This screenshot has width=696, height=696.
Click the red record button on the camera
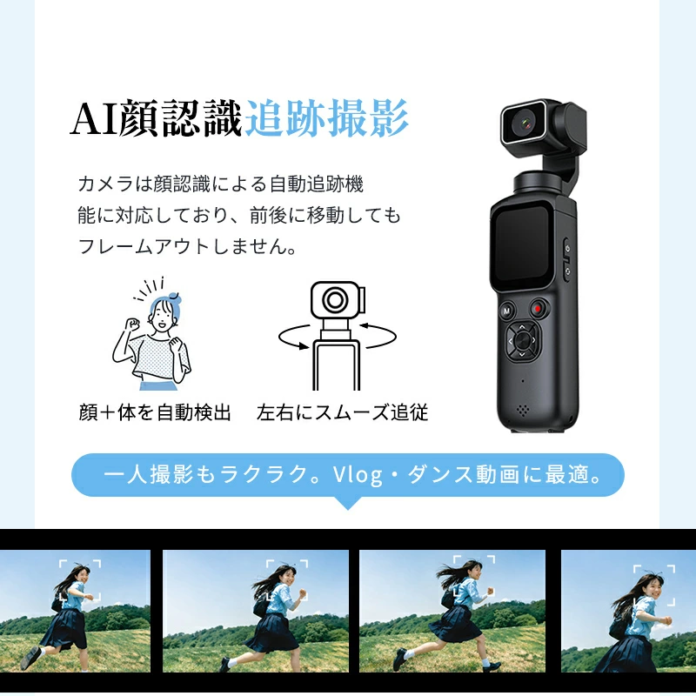pos(538,308)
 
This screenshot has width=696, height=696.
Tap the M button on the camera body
pos(506,311)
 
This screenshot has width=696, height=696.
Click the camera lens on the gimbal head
pos(525,123)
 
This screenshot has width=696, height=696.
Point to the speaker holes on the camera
pos(524,410)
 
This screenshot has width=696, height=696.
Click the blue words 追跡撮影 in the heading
pos(326,118)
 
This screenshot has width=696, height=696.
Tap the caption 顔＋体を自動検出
pos(155,412)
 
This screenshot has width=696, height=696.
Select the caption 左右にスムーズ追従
pos(342,412)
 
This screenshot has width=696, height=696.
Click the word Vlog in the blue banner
pos(358,475)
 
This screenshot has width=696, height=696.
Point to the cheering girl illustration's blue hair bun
pos(174,296)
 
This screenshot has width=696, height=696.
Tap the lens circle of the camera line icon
pos(335,300)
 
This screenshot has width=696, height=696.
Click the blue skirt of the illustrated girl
pos(157,385)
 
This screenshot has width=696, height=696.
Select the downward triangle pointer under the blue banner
pos(348,503)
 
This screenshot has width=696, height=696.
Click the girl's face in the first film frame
pos(83,576)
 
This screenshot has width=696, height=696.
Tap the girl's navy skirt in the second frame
pos(271,632)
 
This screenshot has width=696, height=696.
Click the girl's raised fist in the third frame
pos(490,591)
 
